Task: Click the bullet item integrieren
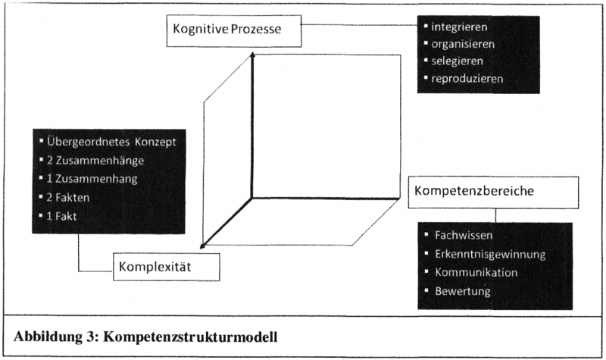[x=458, y=27]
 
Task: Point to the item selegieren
[x=458, y=61]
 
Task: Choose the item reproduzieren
[x=467, y=78]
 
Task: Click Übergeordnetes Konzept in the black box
[x=111, y=142]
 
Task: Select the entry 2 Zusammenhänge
[x=95, y=161]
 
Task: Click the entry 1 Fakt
[x=67, y=216]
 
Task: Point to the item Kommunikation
[x=476, y=272]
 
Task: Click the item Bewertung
[x=462, y=291]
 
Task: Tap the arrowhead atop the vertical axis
[x=252, y=55]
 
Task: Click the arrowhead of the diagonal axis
[x=203, y=244]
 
